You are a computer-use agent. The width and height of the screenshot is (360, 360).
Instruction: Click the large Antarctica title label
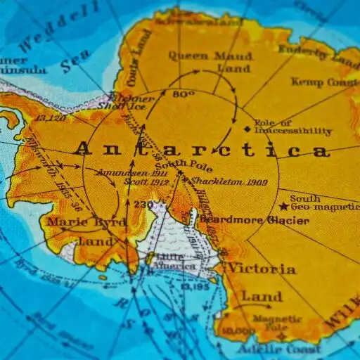pos(201,149)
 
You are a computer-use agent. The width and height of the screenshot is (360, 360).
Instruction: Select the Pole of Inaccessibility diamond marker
pos(246,129)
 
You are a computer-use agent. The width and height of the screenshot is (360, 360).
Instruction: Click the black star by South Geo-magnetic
pos(283,207)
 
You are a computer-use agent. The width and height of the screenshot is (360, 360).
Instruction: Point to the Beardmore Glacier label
pos(255,220)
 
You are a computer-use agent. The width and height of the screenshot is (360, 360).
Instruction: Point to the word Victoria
pos(262,269)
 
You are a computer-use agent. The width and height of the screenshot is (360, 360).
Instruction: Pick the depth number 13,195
pos(195,286)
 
